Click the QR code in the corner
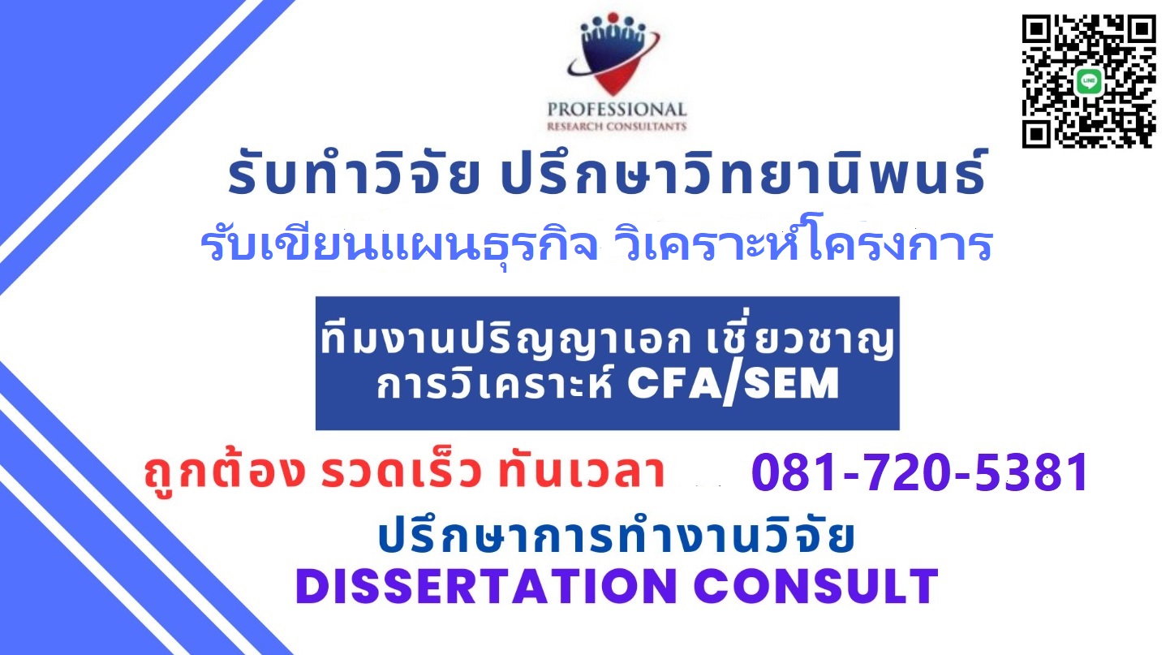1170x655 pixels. click(x=1089, y=81)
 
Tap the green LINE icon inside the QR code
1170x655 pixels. click(x=1089, y=82)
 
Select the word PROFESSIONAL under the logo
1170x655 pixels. click(x=617, y=110)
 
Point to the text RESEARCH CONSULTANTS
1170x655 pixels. click(x=617, y=127)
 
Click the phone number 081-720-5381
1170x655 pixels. click(x=919, y=472)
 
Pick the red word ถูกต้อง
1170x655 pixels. click(x=224, y=472)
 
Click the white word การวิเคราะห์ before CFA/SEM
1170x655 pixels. click(x=494, y=384)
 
